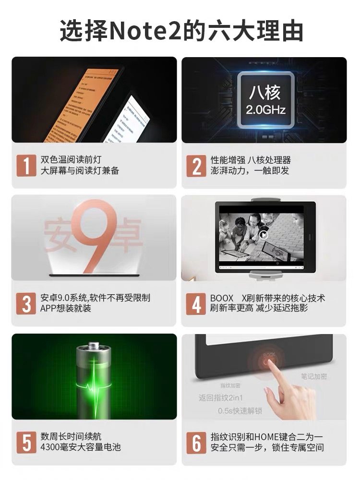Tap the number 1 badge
tap(26, 166)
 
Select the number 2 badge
tap(196, 166)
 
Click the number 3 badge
tap(26, 304)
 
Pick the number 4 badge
tap(196, 304)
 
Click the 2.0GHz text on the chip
tap(265, 110)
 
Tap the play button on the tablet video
tap(264, 235)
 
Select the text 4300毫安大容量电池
tap(80, 447)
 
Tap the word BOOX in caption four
tap(221, 298)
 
